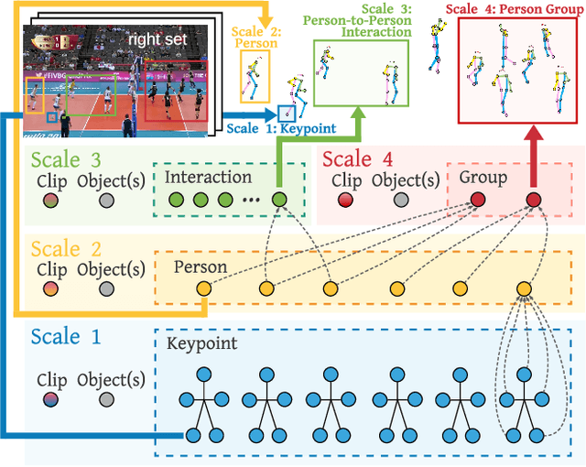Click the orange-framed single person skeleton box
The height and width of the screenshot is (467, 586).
255,76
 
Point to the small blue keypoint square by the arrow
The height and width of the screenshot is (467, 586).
286,114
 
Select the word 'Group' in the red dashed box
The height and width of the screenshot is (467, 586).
482,177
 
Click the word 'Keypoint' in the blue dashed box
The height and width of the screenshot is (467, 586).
201,344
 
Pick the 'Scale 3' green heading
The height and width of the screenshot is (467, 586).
69,159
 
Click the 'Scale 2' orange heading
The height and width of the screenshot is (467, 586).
68,249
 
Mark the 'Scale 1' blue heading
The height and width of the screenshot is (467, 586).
67,336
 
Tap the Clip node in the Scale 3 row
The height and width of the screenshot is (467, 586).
51,200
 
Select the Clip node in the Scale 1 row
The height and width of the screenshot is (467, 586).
51,399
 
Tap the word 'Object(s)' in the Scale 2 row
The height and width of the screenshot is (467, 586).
111,270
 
